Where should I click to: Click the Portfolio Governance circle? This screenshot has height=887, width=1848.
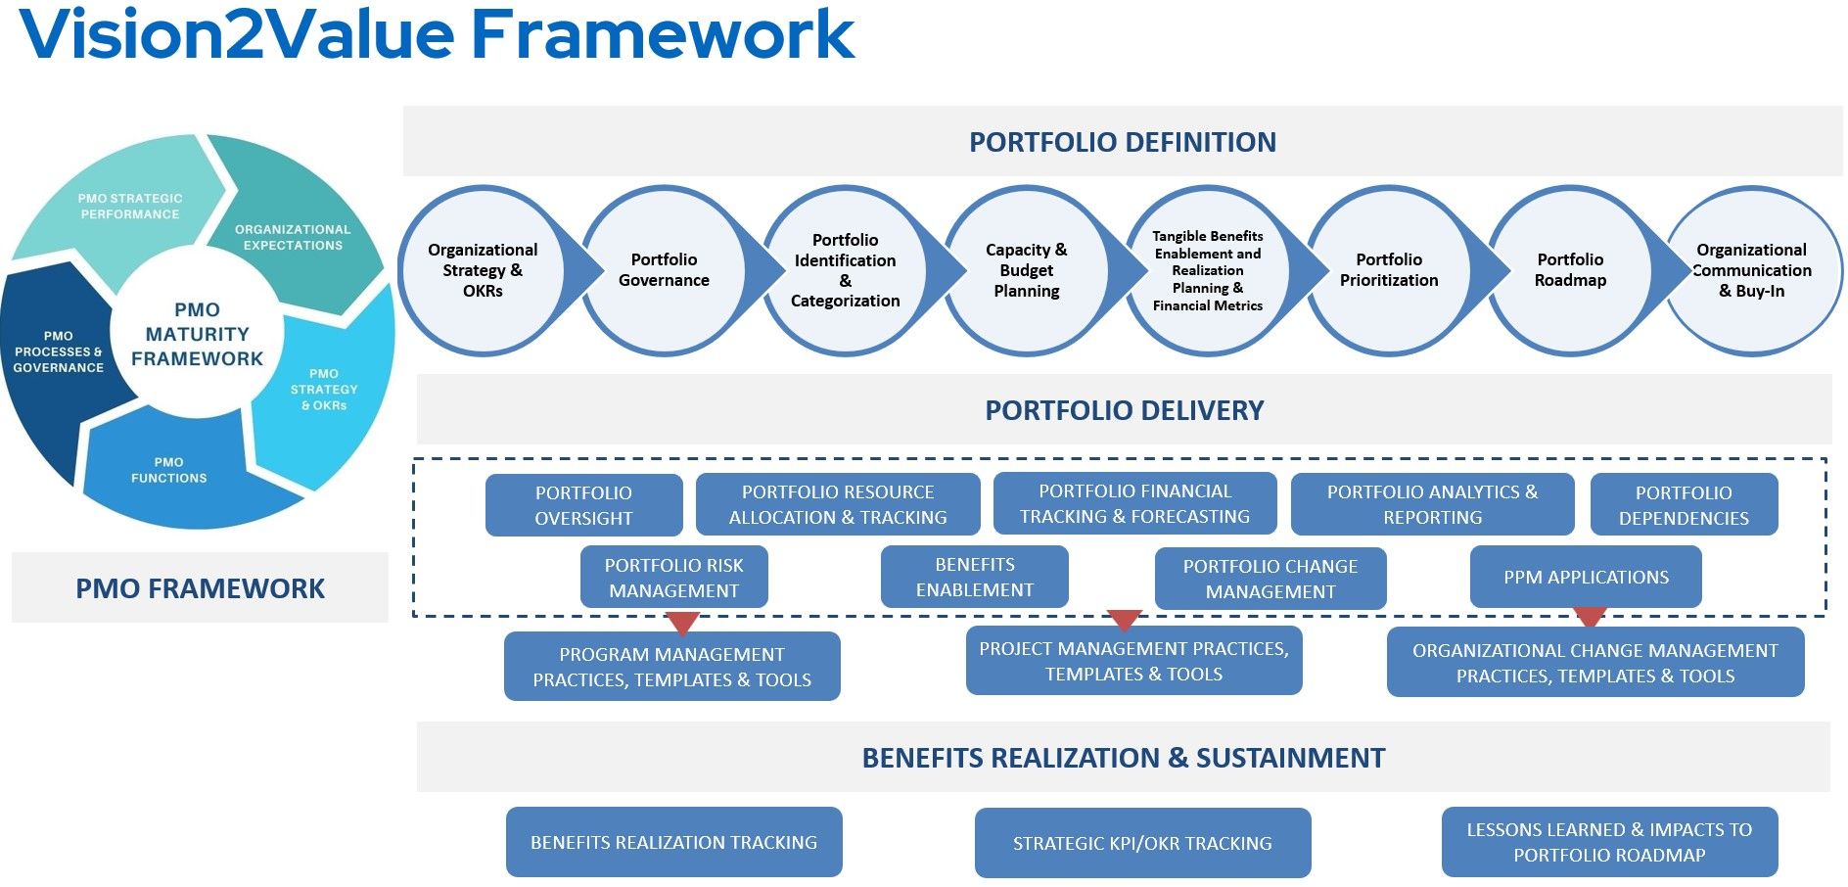pyautogui.click(x=664, y=270)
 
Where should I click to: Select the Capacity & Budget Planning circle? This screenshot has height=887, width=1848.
pyautogui.click(x=1026, y=270)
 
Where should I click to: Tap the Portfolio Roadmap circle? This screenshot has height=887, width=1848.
pyautogui.click(x=1570, y=270)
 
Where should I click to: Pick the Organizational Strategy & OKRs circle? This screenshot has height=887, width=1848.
pyautogui.click(x=483, y=270)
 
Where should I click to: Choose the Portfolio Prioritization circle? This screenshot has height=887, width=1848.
pyautogui.click(x=1389, y=270)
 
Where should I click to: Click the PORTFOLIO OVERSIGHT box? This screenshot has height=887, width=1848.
pyautogui.click(x=583, y=505)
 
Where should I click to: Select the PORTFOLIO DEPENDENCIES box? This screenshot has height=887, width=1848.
pyautogui.click(x=1684, y=505)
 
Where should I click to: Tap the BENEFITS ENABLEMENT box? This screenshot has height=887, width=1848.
pyautogui.click(x=974, y=577)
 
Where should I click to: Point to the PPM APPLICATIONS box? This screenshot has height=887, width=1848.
pyautogui.click(x=1586, y=577)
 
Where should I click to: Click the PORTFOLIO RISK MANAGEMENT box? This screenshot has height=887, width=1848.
pyautogui.click(x=673, y=578)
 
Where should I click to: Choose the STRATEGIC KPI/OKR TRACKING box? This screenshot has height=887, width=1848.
pyautogui.click(x=1142, y=843)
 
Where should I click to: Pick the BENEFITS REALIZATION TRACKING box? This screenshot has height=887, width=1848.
pyautogui.click(x=673, y=842)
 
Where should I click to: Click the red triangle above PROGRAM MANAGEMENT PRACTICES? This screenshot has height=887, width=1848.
pyautogui.click(x=682, y=623)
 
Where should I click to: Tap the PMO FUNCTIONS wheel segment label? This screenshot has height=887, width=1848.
pyautogui.click(x=169, y=470)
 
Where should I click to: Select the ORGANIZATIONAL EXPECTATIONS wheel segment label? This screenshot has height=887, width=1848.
pyautogui.click(x=293, y=237)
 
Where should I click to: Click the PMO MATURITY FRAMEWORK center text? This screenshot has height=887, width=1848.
pyautogui.click(x=197, y=334)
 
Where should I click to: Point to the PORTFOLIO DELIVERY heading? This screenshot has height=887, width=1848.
pyautogui.click(x=1124, y=410)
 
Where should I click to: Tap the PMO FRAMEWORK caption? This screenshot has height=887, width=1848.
pyautogui.click(x=200, y=588)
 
